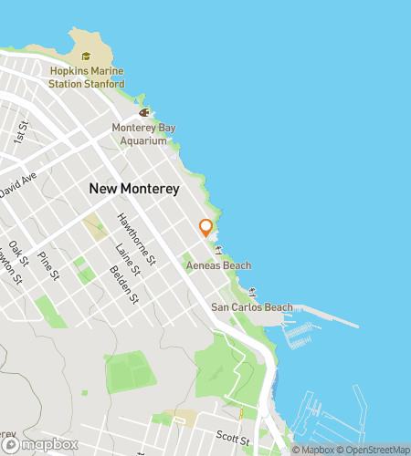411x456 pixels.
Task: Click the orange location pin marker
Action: point(205,228)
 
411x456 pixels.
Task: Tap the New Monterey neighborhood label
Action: point(135,188)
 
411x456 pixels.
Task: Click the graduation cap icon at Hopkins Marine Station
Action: point(86,57)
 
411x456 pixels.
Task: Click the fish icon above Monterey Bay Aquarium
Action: point(143,112)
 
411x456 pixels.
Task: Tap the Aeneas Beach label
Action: point(218,265)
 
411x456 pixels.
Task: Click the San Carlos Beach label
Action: point(252,307)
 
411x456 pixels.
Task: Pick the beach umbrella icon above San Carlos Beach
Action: point(252,292)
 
